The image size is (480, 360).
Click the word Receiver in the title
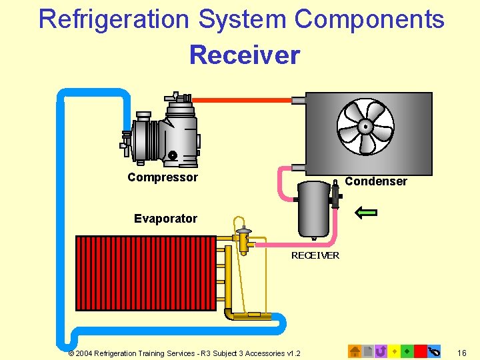[x=245, y=55]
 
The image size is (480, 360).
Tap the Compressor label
[x=163, y=177]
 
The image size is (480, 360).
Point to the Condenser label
[x=376, y=181]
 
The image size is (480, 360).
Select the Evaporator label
[x=165, y=219]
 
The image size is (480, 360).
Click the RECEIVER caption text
[x=315, y=255]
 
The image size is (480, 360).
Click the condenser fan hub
[x=365, y=126]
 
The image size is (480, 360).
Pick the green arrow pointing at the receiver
[x=366, y=213]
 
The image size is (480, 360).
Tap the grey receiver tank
[x=314, y=208]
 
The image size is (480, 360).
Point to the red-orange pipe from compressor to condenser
[x=243, y=100]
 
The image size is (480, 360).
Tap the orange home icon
[x=355, y=351]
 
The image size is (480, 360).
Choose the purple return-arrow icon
[x=381, y=351]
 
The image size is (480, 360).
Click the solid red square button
[x=420, y=351]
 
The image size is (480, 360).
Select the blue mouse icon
[x=435, y=351]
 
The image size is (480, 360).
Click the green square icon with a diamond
[x=407, y=351]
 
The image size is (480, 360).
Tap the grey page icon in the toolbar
[x=367, y=351]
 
